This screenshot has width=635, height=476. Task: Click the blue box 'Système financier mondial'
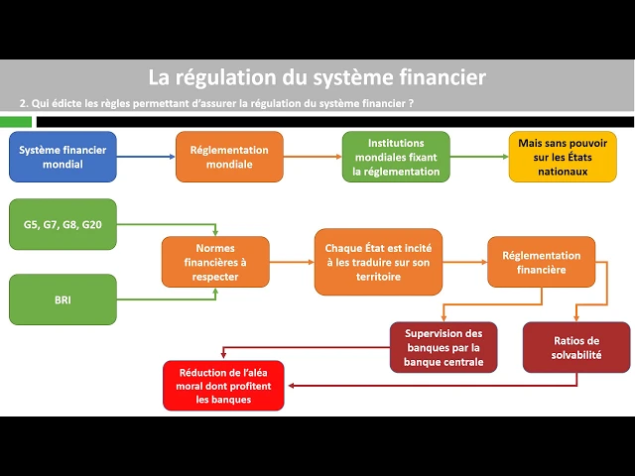tap(63, 157)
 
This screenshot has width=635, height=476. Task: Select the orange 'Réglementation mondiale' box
tap(229, 157)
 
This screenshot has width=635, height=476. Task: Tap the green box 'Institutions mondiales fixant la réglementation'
tap(396, 157)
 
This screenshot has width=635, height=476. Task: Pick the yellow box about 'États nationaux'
tap(563, 157)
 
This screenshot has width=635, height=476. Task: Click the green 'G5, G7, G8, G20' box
tap(63, 225)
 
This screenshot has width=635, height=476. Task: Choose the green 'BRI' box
tap(63, 298)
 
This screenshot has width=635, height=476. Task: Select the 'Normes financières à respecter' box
tap(215, 262)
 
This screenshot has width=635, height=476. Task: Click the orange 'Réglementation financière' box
tap(542, 262)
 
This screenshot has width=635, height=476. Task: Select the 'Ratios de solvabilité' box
tap(576, 347)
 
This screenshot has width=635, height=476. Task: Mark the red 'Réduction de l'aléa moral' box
tap(224, 386)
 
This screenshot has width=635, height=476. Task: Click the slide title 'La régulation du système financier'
tap(317, 76)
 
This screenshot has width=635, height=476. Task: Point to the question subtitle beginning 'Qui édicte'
tap(216, 103)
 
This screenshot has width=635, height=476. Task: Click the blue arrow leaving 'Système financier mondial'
tap(146, 157)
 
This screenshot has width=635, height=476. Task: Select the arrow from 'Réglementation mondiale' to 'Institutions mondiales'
tap(313, 157)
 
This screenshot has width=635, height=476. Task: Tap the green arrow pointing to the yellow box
tap(479, 157)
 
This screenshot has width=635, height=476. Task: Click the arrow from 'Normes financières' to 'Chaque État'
tap(292, 262)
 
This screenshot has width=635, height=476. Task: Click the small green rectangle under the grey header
tap(16, 121)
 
